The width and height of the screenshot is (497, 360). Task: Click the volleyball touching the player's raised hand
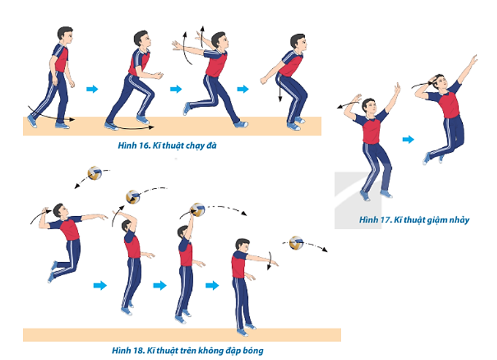click(x=197, y=210)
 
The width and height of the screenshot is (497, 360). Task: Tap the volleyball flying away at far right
click(x=296, y=243)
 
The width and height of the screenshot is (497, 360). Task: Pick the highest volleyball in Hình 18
click(x=95, y=173)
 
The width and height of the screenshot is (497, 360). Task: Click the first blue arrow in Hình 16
click(x=92, y=89)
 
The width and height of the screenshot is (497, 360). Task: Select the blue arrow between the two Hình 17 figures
click(x=408, y=139)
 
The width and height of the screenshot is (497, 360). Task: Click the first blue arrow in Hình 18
click(x=100, y=285)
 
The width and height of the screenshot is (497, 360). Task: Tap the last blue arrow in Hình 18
click(x=212, y=285)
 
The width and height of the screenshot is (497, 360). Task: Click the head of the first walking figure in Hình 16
click(x=65, y=35)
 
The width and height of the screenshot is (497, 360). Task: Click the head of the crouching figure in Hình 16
click(x=298, y=43)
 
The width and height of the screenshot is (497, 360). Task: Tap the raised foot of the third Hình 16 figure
click(x=187, y=108)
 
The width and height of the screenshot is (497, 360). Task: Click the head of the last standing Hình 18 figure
click(x=243, y=246)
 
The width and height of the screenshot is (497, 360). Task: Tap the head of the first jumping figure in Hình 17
click(x=369, y=106)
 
